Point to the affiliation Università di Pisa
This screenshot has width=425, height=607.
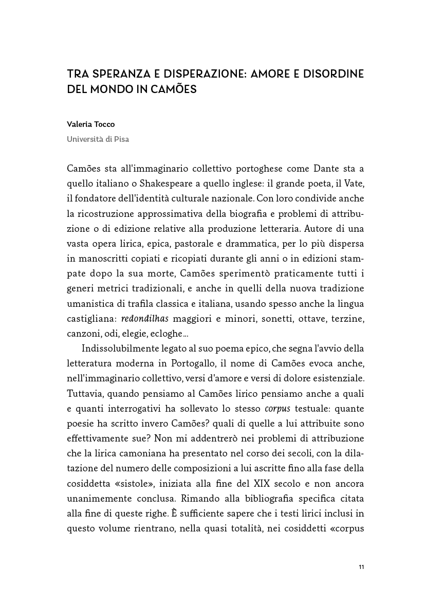[98, 139]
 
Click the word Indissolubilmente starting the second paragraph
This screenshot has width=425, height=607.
[118, 349]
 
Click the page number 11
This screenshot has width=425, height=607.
[361, 567]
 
